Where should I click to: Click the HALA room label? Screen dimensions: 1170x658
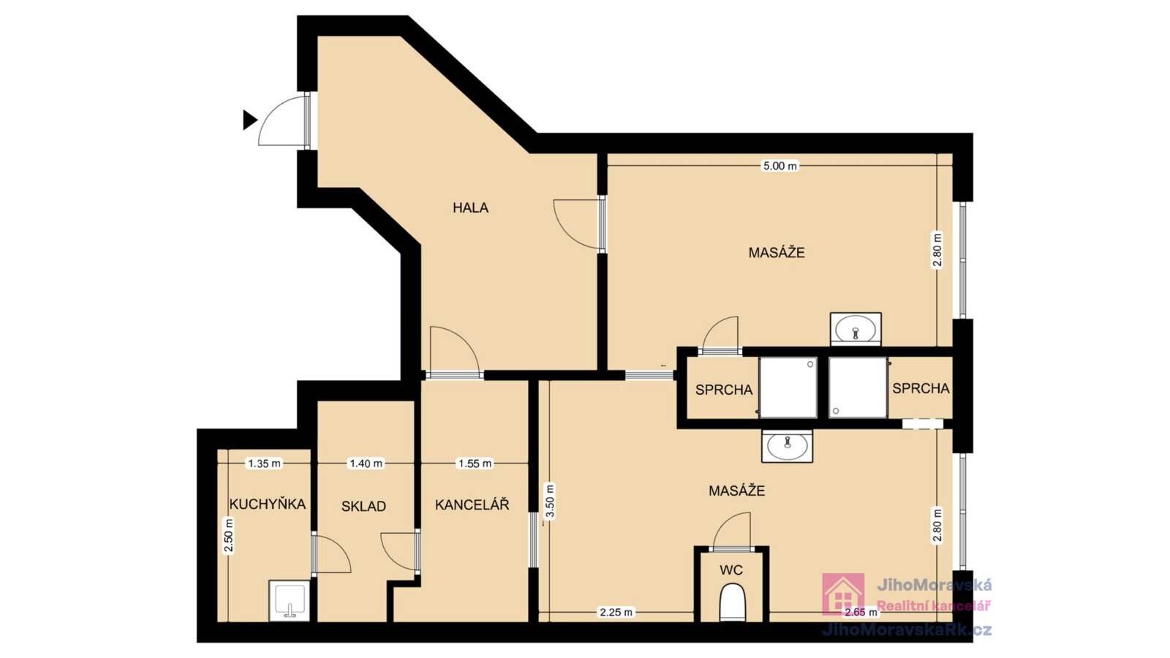click(x=470, y=208)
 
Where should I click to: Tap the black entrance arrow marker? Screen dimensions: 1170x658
click(x=249, y=120)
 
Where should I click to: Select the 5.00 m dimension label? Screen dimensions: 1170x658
click(x=780, y=166)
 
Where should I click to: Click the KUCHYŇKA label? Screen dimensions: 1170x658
click(x=268, y=504)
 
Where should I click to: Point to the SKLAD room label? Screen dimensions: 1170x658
click(x=363, y=506)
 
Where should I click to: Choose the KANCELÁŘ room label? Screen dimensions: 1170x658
click(x=472, y=504)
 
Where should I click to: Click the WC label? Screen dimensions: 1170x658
click(x=731, y=570)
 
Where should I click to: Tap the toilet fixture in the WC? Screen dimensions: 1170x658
click(x=732, y=602)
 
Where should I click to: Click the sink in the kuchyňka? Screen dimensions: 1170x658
click(x=289, y=600)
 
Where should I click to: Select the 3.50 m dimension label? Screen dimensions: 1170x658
click(x=549, y=502)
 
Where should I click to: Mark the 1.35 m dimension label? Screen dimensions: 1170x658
click(x=264, y=464)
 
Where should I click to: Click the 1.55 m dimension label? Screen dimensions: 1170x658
click(x=475, y=464)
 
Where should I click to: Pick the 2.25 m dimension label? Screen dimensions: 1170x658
click(x=616, y=612)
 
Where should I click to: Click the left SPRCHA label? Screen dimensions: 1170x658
click(x=724, y=390)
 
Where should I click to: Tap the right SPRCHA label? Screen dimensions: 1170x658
click(x=921, y=388)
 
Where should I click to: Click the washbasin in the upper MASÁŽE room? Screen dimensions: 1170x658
click(x=856, y=329)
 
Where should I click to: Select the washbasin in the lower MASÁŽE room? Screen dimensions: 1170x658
click(x=787, y=446)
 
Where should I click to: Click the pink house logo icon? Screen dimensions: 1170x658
click(x=843, y=594)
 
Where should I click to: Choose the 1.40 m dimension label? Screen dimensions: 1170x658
click(x=366, y=464)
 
